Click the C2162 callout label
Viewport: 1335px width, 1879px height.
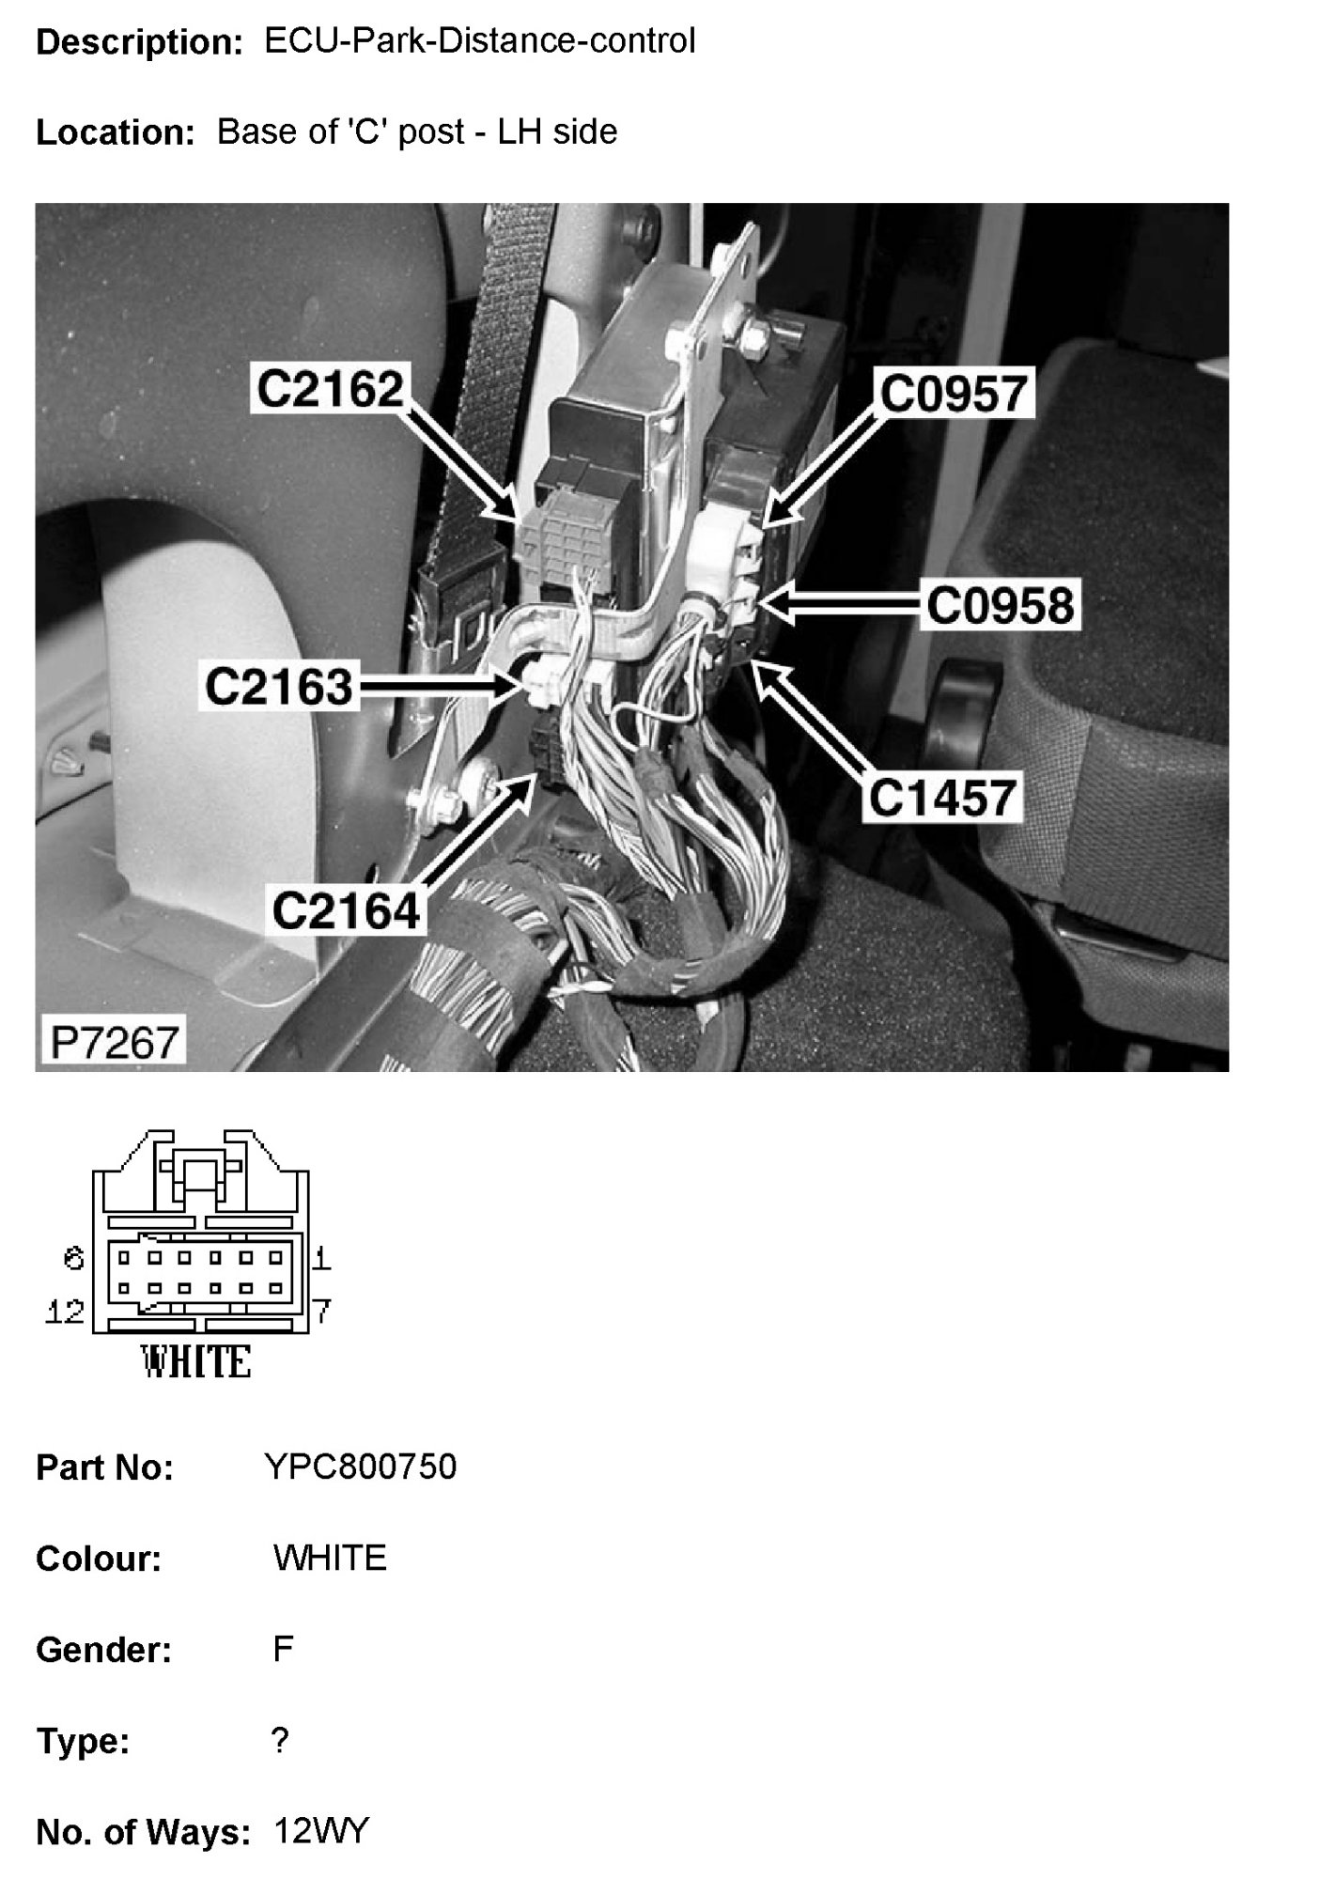tap(330, 389)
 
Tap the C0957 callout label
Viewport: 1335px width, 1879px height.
tap(954, 393)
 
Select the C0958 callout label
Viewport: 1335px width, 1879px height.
tap(1000, 606)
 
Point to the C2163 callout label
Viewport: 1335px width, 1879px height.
tap(278, 687)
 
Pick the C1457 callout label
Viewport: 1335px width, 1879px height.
tap(942, 798)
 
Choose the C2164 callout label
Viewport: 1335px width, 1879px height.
tap(346, 909)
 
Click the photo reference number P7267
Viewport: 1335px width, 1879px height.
tap(114, 1042)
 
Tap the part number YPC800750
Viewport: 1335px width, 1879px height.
tap(362, 1467)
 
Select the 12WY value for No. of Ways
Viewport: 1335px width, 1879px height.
tap(322, 1831)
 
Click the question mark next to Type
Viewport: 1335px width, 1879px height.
tap(280, 1741)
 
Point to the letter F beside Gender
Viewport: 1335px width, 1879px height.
tap(283, 1649)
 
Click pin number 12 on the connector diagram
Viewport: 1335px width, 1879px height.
tap(65, 1312)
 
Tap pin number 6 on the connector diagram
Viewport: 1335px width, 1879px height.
tap(74, 1258)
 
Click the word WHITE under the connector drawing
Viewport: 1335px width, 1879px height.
tap(196, 1361)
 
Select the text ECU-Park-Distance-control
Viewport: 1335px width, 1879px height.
tap(480, 40)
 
